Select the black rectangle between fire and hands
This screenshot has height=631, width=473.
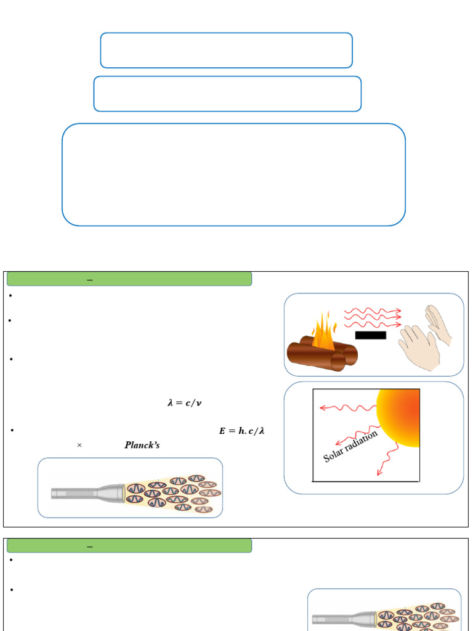pyautogui.click(x=370, y=335)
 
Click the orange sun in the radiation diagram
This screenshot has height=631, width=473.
pyautogui.click(x=398, y=418)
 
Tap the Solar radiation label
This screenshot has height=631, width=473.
pyautogui.click(x=350, y=446)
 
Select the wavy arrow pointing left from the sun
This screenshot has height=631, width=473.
pyautogui.click(x=349, y=408)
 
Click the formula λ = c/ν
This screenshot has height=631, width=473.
pyautogui.click(x=185, y=402)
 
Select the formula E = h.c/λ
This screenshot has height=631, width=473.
pyautogui.click(x=241, y=431)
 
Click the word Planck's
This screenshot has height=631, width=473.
pyautogui.click(x=142, y=445)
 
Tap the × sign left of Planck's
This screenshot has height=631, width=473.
pyautogui.click(x=79, y=445)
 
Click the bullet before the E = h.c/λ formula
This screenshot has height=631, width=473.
pyautogui.click(x=12, y=431)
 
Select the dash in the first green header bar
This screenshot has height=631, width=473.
pyautogui.click(x=90, y=280)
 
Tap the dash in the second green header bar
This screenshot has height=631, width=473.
pyautogui.click(x=90, y=547)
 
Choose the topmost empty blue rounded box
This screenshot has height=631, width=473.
pyautogui.click(x=227, y=33)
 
